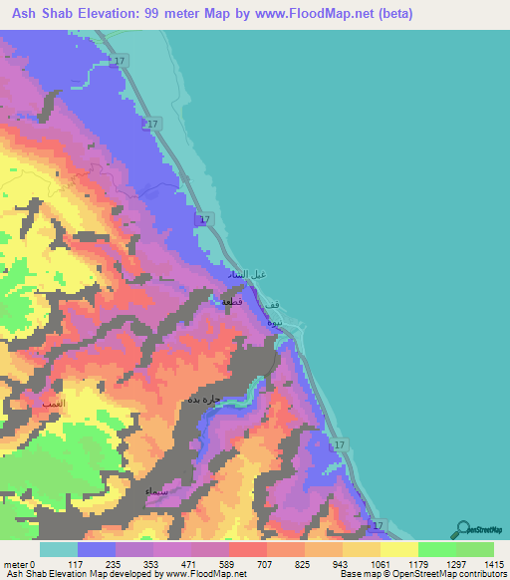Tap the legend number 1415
coord(491,563)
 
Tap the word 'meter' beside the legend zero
coord(15,563)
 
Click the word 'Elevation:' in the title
coord(113,15)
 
